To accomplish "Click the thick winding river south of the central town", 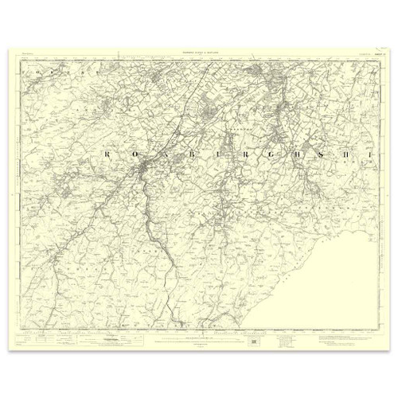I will [x=163, y=239].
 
